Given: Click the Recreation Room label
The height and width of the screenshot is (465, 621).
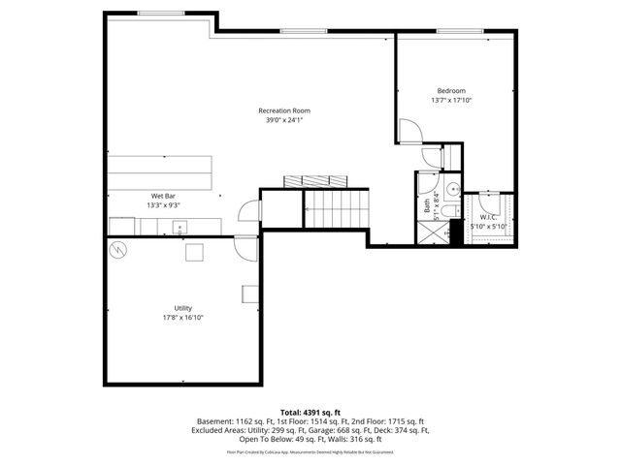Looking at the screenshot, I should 284,109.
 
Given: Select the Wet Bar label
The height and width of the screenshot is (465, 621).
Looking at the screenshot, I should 162,196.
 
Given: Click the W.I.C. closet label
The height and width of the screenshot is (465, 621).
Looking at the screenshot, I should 488,217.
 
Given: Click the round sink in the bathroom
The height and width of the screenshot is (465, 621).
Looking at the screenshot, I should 453,189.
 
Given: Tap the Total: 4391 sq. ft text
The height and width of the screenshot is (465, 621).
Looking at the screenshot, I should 310,413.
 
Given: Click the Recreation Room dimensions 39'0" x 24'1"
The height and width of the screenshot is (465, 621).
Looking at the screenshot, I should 284,120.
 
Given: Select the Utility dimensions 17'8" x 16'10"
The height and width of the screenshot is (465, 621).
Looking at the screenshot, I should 182,317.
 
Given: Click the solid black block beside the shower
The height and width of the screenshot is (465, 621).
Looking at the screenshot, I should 457,232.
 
